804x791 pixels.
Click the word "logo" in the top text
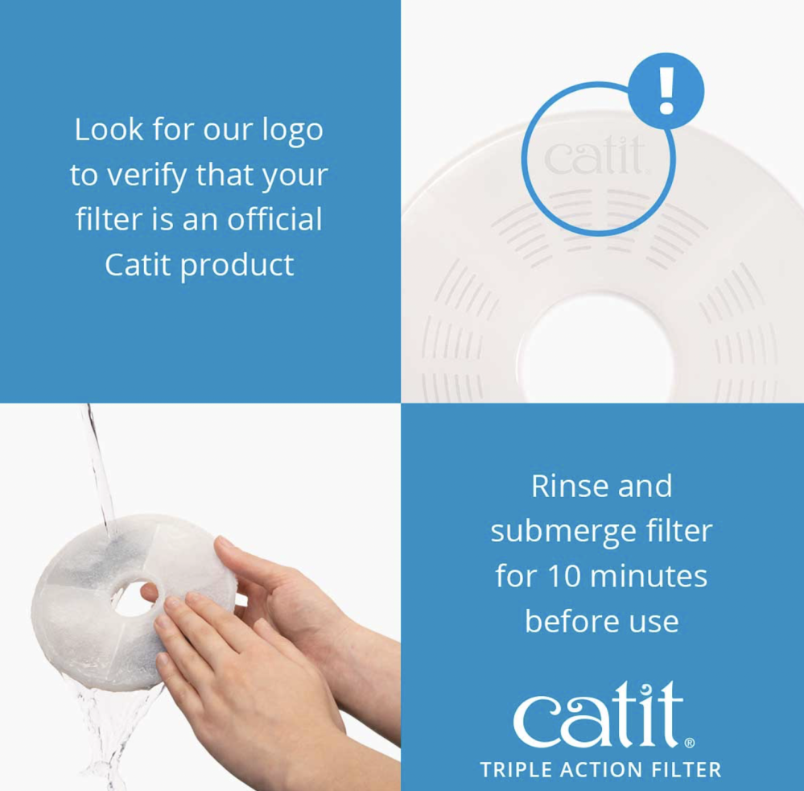click(292, 130)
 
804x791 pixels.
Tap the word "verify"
click(147, 176)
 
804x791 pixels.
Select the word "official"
click(274, 219)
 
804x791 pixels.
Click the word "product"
click(237, 266)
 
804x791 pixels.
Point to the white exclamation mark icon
click(666, 91)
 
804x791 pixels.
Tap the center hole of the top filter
click(595, 349)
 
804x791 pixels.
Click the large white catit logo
click(599, 715)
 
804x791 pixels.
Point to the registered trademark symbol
click(690, 743)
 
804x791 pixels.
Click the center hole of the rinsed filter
click(134, 598)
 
